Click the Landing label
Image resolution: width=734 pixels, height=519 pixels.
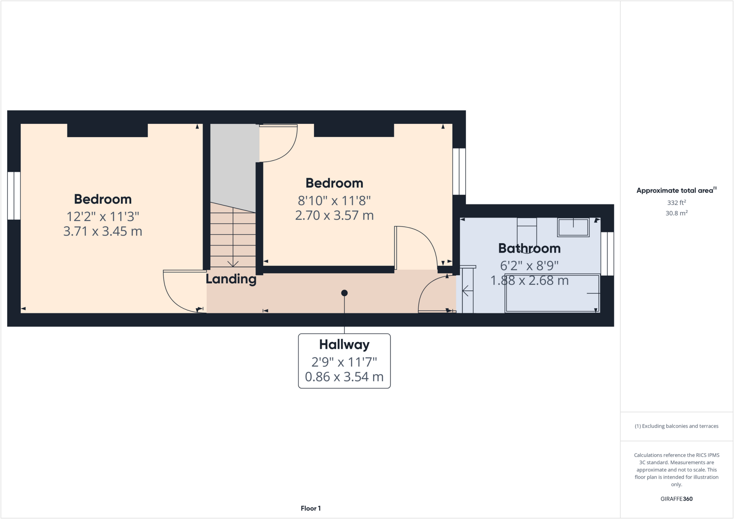click(x=231, y=279)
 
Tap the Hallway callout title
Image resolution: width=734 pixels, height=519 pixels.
click(x=344, y=344)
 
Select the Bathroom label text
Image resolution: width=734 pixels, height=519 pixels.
click(x=529, y=248)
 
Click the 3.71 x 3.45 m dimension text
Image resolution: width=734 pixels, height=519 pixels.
click(x=103, y=231)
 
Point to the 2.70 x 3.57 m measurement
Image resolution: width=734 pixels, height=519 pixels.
click(x=334, y=215)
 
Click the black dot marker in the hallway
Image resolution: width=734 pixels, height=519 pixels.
click(x=344, y=293)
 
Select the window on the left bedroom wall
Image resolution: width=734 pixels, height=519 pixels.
click(x=14, y=196)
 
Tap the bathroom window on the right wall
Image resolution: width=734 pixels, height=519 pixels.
click(x=607, y=254)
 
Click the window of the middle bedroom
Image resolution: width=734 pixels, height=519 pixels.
click(x=459, y=171)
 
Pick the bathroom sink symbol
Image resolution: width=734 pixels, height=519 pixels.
click(x=573, y=227)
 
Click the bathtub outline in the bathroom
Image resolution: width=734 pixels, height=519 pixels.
click(x=552, y=293)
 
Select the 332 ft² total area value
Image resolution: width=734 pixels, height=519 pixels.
click(x=676, y=202)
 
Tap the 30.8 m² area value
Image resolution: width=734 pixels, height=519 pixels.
click(x=676, y=213)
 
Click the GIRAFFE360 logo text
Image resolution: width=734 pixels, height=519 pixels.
click(x=676, y=499)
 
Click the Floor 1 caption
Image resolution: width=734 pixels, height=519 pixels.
click(x=310, y=508)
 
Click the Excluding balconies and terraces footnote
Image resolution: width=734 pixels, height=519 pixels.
click(x=676, y=426)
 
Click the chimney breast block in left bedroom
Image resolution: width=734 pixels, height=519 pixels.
click(x=107, y=130)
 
